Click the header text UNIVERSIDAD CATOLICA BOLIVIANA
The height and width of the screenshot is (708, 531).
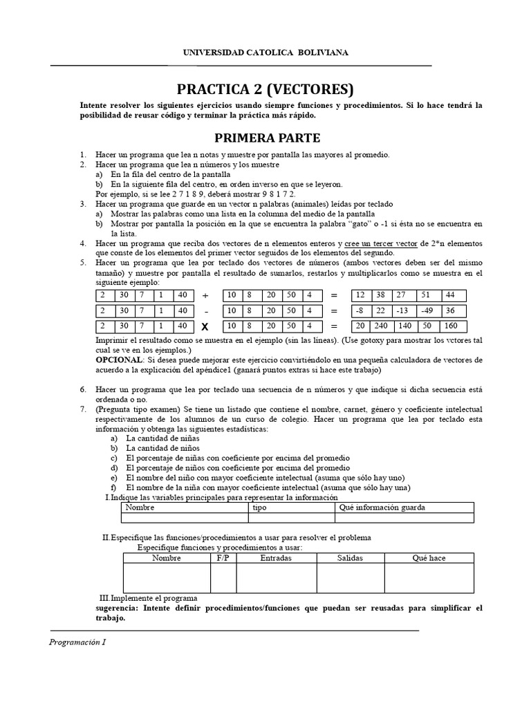coord(265,52)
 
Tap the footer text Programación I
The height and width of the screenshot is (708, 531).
coord(77,641)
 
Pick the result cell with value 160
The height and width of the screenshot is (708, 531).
coord(451,326)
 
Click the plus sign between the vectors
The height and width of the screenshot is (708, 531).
coord(205,295)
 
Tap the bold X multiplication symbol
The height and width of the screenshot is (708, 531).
coord(205,327)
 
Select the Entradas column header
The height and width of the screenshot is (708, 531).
coord(276,558)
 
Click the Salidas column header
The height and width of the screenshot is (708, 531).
coord(350,558)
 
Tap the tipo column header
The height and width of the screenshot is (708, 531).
coord(260,507)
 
